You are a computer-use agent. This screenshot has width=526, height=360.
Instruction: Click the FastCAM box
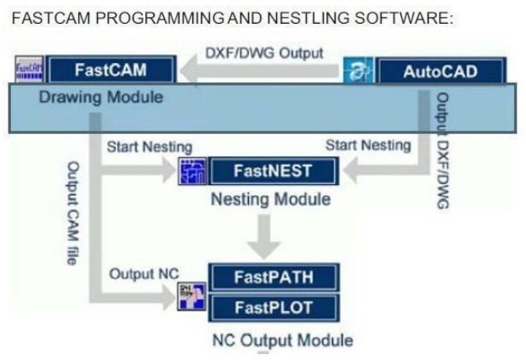pos(112,70)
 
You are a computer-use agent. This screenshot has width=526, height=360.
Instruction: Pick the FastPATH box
pos(273,278)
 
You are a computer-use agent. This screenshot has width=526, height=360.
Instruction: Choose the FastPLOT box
pos(273,306)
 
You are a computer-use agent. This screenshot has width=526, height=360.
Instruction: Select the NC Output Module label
pos(282,340)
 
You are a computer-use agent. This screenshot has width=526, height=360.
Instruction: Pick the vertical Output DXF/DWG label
pos(441,149)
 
